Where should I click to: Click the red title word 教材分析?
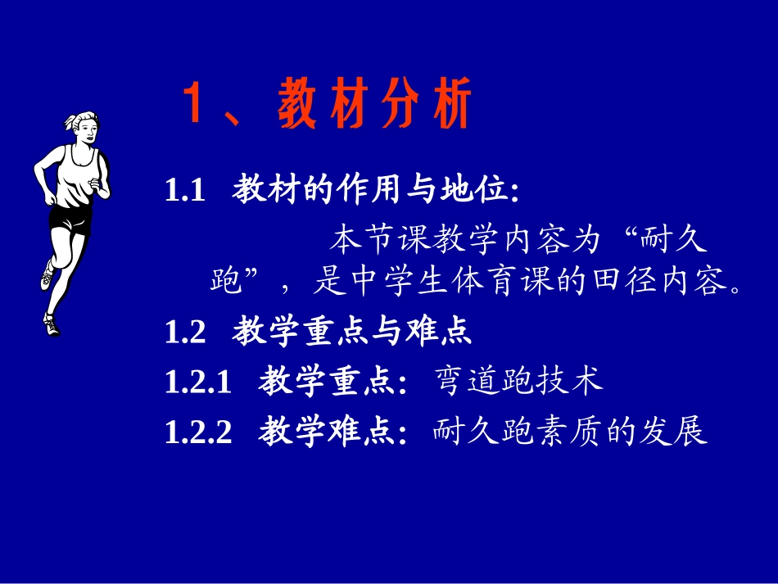(x=375, y=105)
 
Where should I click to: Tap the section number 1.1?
(x=184, y=191)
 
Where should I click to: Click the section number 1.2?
(x=184, y=333)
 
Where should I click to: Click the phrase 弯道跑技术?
(x=518, y=382)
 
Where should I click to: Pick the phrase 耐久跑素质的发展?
(x=570, y=432)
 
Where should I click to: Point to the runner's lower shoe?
(x=51, y=325)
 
